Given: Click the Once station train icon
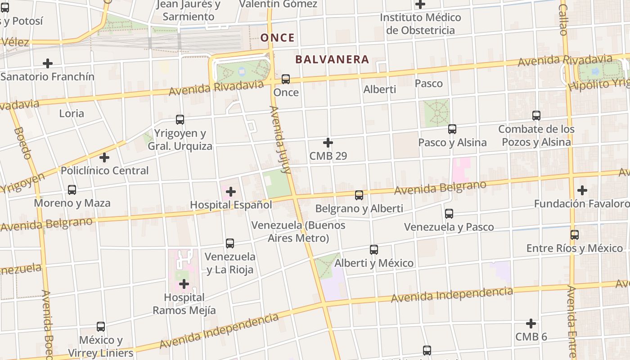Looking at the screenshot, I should (x=285, y=79).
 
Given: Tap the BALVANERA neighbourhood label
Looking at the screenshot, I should (x=332, y=59).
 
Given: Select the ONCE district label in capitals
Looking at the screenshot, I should (x=278, y=38).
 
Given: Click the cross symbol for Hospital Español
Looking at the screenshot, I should (x=231, y=192).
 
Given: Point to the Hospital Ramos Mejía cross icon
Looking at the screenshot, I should (x=184, y=284).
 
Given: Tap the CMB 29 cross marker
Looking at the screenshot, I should (x=328, y=143).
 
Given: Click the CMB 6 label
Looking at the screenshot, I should (x=531, y=337).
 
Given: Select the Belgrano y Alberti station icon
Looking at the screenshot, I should (x=359, y=195).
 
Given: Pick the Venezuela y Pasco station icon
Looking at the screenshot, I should (x=449, y=214).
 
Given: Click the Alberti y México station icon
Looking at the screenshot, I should (x=374, y=250).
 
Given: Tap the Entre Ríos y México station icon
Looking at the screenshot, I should (x=575, y=235).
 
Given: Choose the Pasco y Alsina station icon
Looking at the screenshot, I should (x=452, y=130).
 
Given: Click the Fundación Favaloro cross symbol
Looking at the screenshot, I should (x=582, y=190).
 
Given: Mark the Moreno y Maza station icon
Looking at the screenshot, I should (x=72, y=190).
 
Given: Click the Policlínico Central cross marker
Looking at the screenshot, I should (x=104, y=157).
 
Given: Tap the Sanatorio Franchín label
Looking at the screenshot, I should (x=48, y=76).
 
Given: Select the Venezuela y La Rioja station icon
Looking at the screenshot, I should (x=230, y=243).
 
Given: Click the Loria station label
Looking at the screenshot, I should (x=72, y=113).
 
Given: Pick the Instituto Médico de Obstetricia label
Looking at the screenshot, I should (x=421, y=24).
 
